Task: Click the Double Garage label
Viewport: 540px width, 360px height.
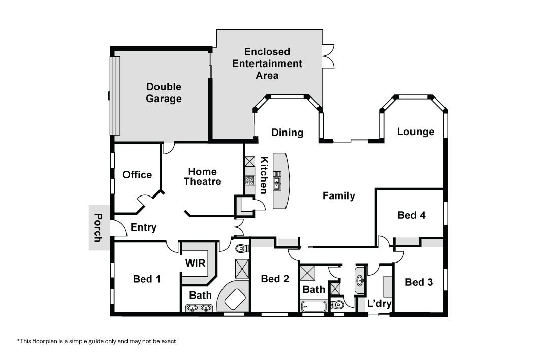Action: pos(164,92)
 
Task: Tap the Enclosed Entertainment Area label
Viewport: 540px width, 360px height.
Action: pos(267,63)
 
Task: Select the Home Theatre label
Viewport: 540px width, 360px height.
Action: pos(203,176)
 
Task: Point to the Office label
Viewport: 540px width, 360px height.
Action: pos(137,175)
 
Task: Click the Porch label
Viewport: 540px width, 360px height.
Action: pos(98,227)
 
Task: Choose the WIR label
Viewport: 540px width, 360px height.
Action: pos(195,263)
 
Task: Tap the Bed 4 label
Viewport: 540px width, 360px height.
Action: pos(411,215)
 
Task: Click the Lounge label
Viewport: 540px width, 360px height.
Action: pos(416,132)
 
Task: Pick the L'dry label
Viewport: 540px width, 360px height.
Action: pos(379,303)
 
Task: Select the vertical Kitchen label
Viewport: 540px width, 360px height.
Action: pos(264,175)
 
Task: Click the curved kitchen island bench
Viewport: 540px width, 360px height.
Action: pos(281,181)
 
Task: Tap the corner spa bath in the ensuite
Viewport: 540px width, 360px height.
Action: pos(234,297)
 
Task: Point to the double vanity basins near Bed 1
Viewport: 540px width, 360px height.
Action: pos(199,307)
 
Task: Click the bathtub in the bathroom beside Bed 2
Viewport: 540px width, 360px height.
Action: pos(313,306)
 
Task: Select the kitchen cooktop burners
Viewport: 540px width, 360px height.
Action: pos(250,180)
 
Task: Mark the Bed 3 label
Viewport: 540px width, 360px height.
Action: pos(419,282)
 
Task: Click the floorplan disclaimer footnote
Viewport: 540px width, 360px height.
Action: pos(98,341)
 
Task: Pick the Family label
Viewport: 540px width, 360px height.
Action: pos(338,196)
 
